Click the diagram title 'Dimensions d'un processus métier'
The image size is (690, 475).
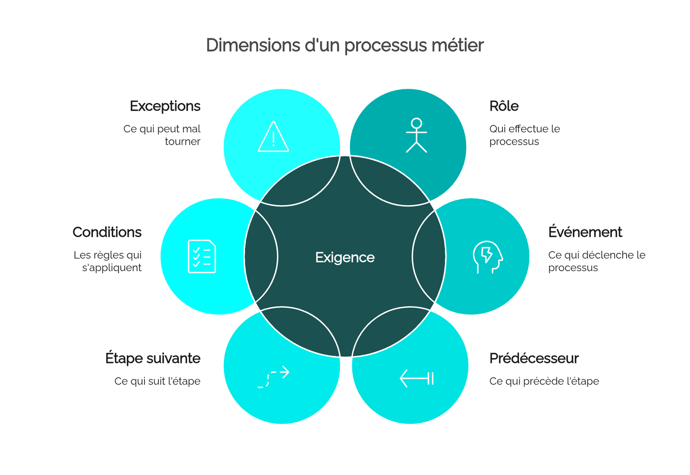click(x=345, y=46)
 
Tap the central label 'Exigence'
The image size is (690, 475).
click(x=345, y=258)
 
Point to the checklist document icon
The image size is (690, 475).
click(x=202, y=256)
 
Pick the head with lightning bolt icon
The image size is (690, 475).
click(x=488, y=257)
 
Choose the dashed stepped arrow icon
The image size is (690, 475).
click(x=273, y=377)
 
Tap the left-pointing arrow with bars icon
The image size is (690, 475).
click(x=417, y=378)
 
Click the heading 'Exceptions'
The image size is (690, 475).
click(x=165, y=106)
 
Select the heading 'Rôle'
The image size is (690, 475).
click(x=504, y=106)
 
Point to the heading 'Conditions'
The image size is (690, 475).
click(x=107, y=232)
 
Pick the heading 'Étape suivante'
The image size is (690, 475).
click(x=153, y=358)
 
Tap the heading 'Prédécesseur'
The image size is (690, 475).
click(x=534, y=358)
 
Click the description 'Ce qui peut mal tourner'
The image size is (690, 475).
click(x=162, y=135)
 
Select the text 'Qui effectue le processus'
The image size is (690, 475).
click(x=524, y=135)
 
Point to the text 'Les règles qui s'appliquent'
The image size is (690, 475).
click(x=107, y=261)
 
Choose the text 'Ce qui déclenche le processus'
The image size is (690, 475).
click(x=597, y=261)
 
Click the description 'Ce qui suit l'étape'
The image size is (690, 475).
click(x=157, y=381)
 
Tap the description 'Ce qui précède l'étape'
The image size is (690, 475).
click(x=544, y=381)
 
